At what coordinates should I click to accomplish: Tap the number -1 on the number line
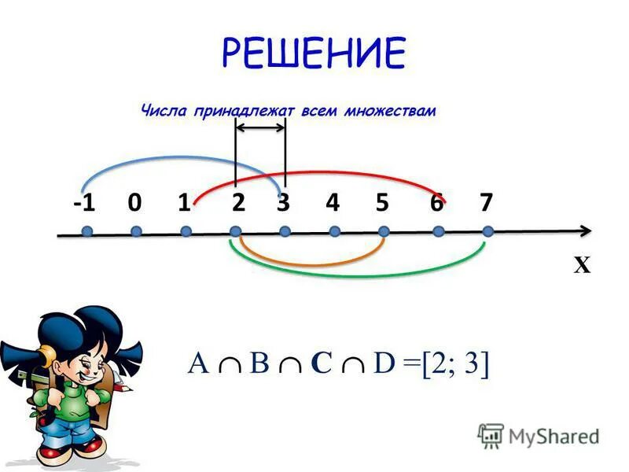pos(85,203)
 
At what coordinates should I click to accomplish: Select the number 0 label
pos(134,203)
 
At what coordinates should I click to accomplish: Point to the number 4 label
pos(333,203)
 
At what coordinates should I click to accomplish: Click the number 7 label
pos(486,203)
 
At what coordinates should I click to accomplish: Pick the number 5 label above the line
pos(382,203)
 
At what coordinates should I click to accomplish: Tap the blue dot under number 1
pos(186,231)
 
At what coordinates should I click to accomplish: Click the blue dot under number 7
pos(487,231)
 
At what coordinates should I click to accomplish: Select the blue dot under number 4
pos(334,231)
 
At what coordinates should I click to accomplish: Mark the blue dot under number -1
pos(86,231)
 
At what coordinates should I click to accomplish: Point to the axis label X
pos(581,266)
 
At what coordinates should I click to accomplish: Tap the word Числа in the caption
pos(160,111)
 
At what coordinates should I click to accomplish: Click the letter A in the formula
pos(197,364)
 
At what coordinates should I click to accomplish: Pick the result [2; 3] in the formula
pos(454,365)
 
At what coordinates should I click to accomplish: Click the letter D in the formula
pos(384,364)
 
